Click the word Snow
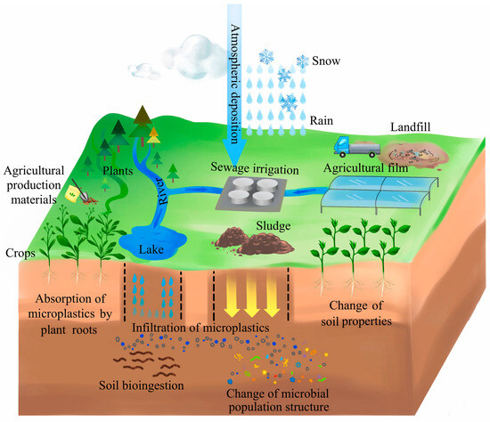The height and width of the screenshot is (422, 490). (x=326, y=61)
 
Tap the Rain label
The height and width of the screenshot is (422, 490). (x=322, y=120)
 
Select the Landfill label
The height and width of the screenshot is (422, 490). (x=411, y=126)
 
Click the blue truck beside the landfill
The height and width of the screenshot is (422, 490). (x=357, y=146)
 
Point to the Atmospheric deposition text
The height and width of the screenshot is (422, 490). (x=235, y=84)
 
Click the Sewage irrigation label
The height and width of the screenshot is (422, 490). (x=255, y=168)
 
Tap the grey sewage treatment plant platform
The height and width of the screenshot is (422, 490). (x=251, y=193)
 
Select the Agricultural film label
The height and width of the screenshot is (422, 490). (x=365, y=168)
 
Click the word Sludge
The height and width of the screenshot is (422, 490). (x=274, y=226)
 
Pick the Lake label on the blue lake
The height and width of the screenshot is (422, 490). (x=151, y=249)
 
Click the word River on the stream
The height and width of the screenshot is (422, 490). (x=161, y=191)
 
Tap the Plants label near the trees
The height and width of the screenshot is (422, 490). (x=118, y=171)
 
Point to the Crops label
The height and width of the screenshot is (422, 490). (x=20, y=253)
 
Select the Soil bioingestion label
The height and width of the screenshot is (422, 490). (x=142, y=385)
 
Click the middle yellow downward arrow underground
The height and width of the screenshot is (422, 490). (x=251, y=296)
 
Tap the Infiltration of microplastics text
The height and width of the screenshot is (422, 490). (x=200, y=328)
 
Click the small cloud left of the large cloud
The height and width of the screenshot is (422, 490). (x=144, y=71)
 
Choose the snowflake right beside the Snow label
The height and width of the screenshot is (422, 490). (x=303, y=61)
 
